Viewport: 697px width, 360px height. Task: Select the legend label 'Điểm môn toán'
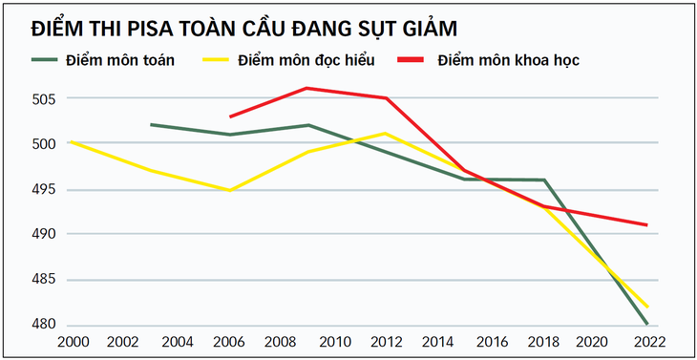point(120,60)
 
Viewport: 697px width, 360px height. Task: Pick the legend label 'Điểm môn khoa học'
point(508,60)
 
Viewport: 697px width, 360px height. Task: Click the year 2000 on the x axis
point(73,341)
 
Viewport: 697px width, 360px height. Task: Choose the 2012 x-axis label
point(385,341)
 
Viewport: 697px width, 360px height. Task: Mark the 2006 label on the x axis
point(229,341)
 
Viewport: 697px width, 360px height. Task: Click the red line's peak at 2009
point(306,88)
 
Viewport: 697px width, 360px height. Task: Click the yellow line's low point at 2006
point(229,190)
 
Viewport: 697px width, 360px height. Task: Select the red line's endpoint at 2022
point(647,225)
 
